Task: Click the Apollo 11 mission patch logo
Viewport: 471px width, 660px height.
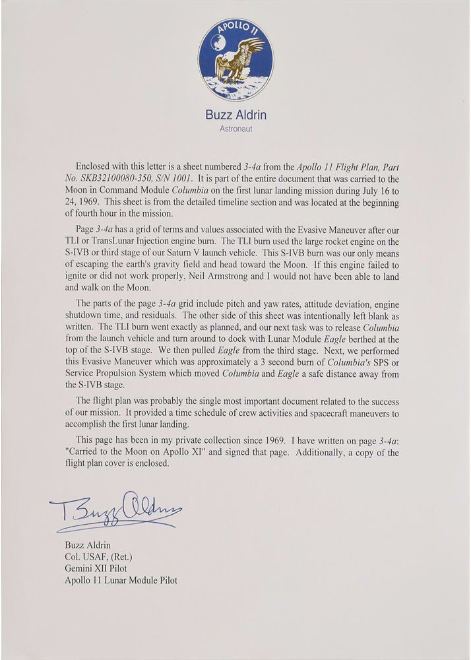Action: point(235,59)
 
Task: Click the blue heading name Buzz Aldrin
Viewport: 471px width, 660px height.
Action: point(235,115)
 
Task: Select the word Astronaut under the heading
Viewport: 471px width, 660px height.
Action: point(235,129)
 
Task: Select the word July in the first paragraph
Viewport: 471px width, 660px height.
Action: point(370,188)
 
